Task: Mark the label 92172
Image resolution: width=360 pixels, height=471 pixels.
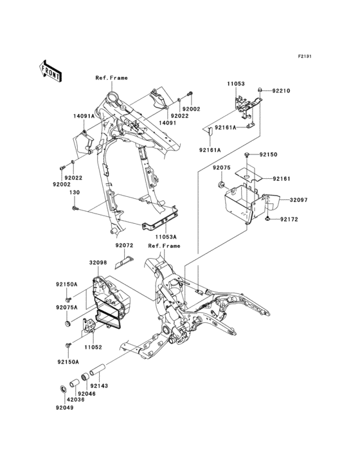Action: click(x=289, y=220)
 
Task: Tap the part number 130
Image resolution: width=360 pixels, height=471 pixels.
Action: click(x=75, y=192)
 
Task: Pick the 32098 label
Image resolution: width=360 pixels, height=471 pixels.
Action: click(x=98, y=263)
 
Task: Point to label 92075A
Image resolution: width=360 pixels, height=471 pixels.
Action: click(x=66, y=308)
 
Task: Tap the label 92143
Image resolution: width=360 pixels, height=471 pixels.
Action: click(x=108, y=386)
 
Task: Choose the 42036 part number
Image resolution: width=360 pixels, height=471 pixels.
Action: click(x=64, y=400)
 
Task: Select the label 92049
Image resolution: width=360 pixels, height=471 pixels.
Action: click(x=64, y=408)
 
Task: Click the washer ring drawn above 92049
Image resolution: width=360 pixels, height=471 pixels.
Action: click(x=63, y=389)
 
